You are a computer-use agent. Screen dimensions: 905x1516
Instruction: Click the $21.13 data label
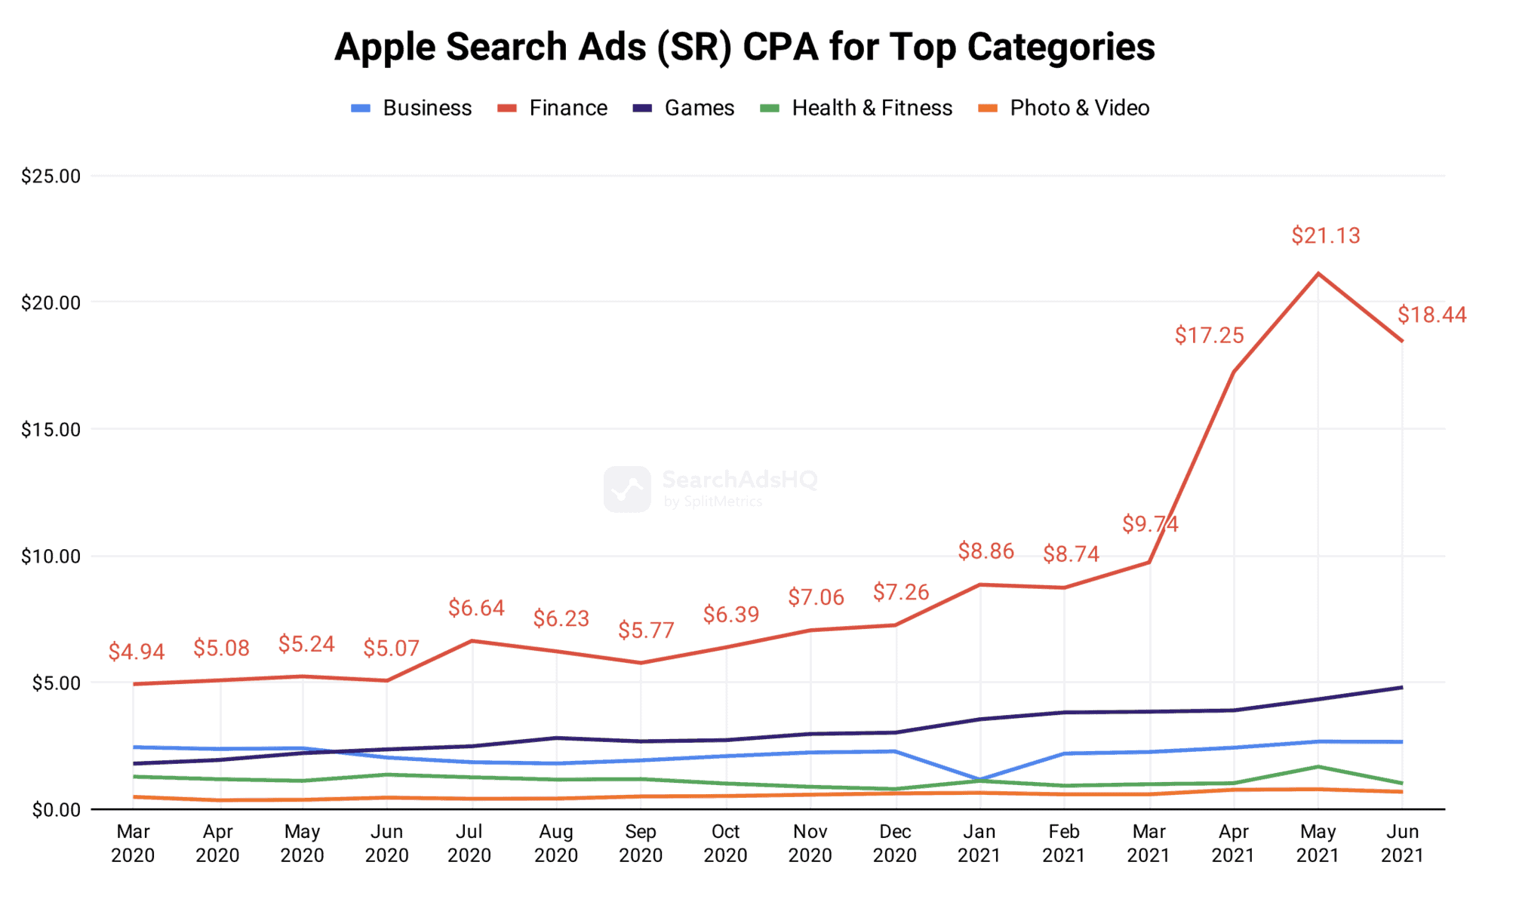point(1325,235)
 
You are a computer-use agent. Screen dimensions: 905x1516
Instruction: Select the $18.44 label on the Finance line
point(1431,314)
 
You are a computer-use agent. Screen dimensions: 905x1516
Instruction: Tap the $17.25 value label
point(1209,335)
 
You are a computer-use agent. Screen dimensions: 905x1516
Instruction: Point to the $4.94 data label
point(137,652)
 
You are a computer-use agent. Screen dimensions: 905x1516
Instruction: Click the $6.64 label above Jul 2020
point(476,608)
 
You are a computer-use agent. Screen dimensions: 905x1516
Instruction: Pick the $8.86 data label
point(986,551)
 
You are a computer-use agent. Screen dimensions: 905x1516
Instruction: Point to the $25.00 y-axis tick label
point(51,176)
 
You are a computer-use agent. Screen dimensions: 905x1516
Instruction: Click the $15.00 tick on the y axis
point(51,430)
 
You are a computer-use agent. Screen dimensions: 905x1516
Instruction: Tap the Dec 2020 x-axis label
point(895,843)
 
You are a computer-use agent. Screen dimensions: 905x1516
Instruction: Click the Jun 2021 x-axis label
point(1402,843)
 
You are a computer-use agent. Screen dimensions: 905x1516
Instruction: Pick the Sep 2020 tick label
point(641,843)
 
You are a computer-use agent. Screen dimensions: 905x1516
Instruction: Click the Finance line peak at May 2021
point(1318,273)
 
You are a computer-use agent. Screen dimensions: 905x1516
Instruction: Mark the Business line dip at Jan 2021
point(979,779)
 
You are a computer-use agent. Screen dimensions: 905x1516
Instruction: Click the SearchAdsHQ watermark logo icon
point(627,489)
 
